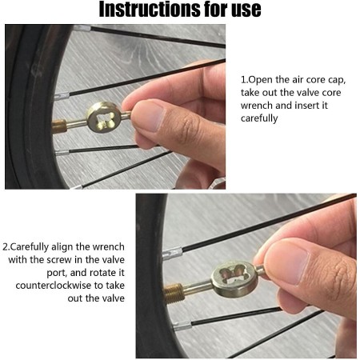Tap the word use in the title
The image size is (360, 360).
pos(246,9)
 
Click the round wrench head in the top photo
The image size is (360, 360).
pos(104,118)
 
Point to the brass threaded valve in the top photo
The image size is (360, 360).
pos(59,126)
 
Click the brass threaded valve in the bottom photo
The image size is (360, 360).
pos(174,293)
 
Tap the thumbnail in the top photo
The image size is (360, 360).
pos(147,117)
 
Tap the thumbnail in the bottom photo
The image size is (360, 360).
pos(286,262)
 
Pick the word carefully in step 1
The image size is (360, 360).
pos(259,118)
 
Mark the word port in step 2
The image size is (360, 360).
pos(56,274)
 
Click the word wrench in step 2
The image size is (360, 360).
pos(109,247)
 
